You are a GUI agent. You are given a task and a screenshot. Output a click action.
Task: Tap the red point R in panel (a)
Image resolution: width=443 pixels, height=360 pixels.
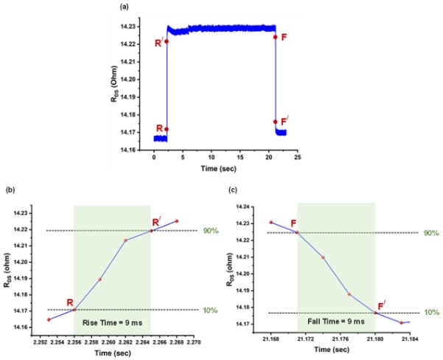point(167,129)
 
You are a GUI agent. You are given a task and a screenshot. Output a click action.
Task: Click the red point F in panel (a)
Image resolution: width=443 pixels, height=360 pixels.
point(275,37)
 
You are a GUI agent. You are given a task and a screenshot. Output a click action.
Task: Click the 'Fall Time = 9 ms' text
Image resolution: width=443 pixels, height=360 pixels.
point(336,322)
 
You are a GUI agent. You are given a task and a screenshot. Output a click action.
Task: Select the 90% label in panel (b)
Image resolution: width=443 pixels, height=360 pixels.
point(209,231)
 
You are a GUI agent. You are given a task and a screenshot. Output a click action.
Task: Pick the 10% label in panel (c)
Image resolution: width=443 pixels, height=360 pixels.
point(432,314)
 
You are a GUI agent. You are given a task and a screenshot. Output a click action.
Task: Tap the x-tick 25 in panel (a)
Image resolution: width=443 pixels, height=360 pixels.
point(297,157)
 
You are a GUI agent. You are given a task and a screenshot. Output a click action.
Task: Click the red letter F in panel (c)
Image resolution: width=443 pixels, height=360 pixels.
point(293,223)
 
